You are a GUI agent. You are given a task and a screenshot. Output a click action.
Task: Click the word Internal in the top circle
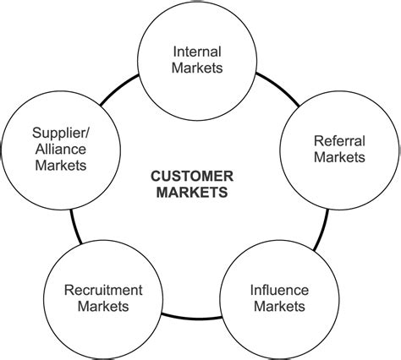(197, 51)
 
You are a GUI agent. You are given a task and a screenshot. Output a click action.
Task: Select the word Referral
(339, 140)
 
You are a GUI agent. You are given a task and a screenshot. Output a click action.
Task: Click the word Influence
(279, 289)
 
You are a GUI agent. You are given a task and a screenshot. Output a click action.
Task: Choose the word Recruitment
(103, 289)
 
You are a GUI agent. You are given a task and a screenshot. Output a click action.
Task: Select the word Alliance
(58, 149)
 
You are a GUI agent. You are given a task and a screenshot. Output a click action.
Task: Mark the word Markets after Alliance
(61, 165)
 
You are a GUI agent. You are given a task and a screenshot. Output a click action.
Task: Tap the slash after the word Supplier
(85, 133)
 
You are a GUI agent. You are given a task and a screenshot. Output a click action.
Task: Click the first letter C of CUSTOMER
(156, 176)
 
